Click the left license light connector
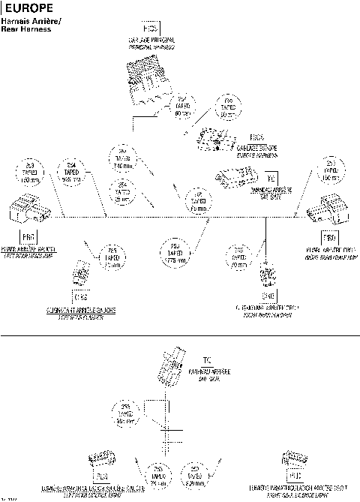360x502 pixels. click(100, 458)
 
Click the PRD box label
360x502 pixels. click(328, 239)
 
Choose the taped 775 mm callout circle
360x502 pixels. click(174, 253)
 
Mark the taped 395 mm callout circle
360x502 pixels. click(123, 414)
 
